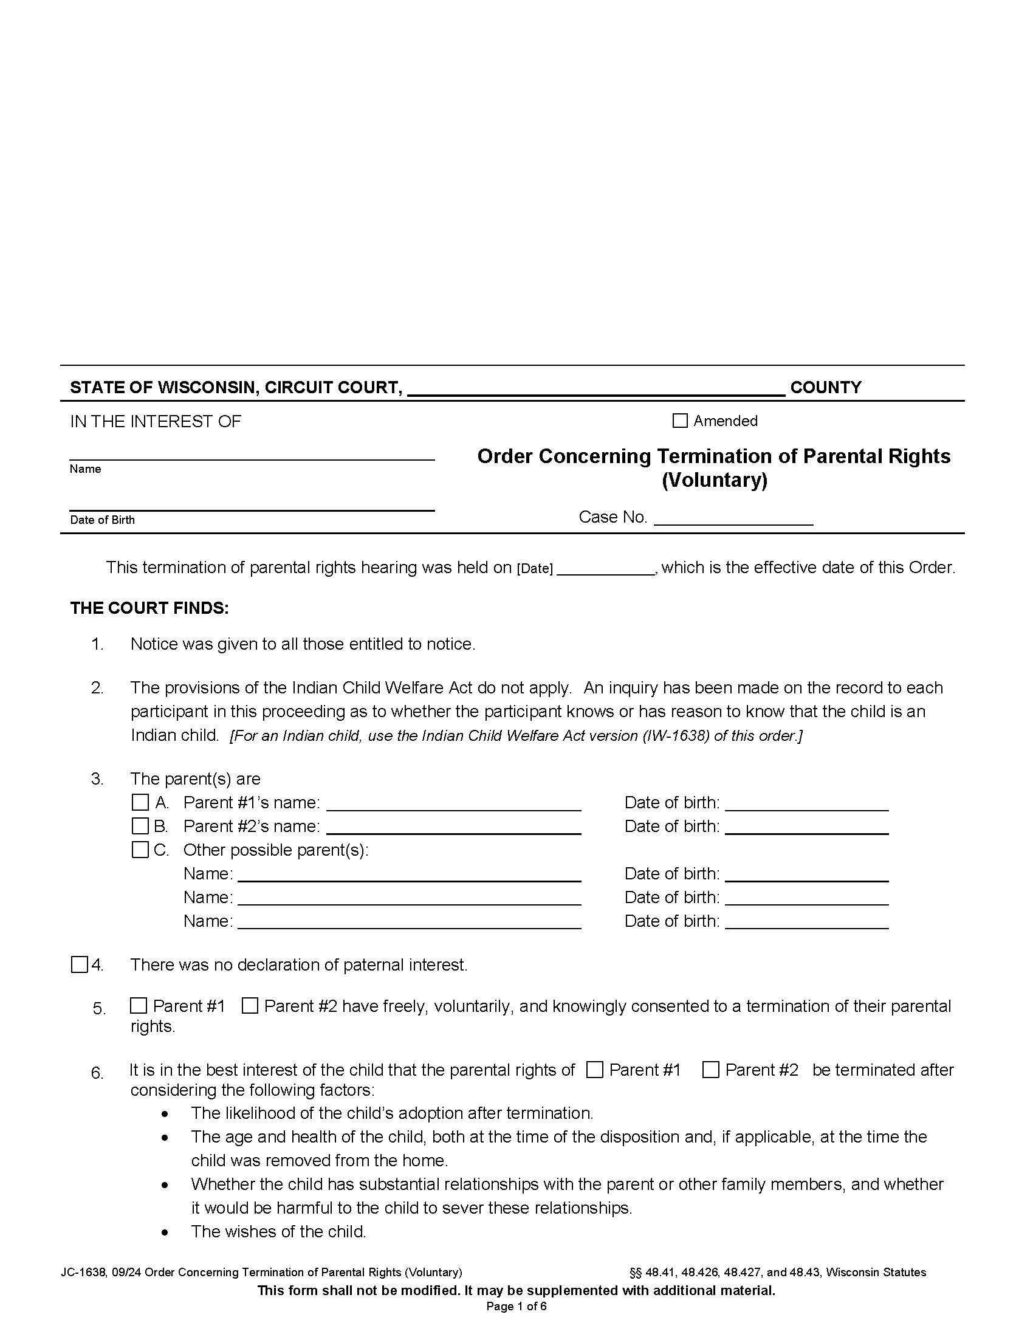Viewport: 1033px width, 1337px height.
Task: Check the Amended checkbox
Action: [679, 421]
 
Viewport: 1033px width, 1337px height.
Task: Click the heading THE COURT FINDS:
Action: [149, 608]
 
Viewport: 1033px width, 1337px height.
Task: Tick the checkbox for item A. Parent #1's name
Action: [140, 802]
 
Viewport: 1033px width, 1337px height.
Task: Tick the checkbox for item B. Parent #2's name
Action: [140, 826]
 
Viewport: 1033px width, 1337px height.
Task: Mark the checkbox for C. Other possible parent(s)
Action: [140, 850]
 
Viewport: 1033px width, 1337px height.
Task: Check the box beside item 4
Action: [80, 965]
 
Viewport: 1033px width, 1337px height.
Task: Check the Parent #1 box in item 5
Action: [139, 1006]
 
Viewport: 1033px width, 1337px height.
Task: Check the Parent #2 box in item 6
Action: [710, 1070]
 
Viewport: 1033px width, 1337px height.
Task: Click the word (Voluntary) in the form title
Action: [713, 479]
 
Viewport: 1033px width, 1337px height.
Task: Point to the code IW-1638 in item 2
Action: [676, 736]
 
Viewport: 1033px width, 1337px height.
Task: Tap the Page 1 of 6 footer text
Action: [516, 1307]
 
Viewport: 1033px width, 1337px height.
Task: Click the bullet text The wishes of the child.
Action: [278, 1231]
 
